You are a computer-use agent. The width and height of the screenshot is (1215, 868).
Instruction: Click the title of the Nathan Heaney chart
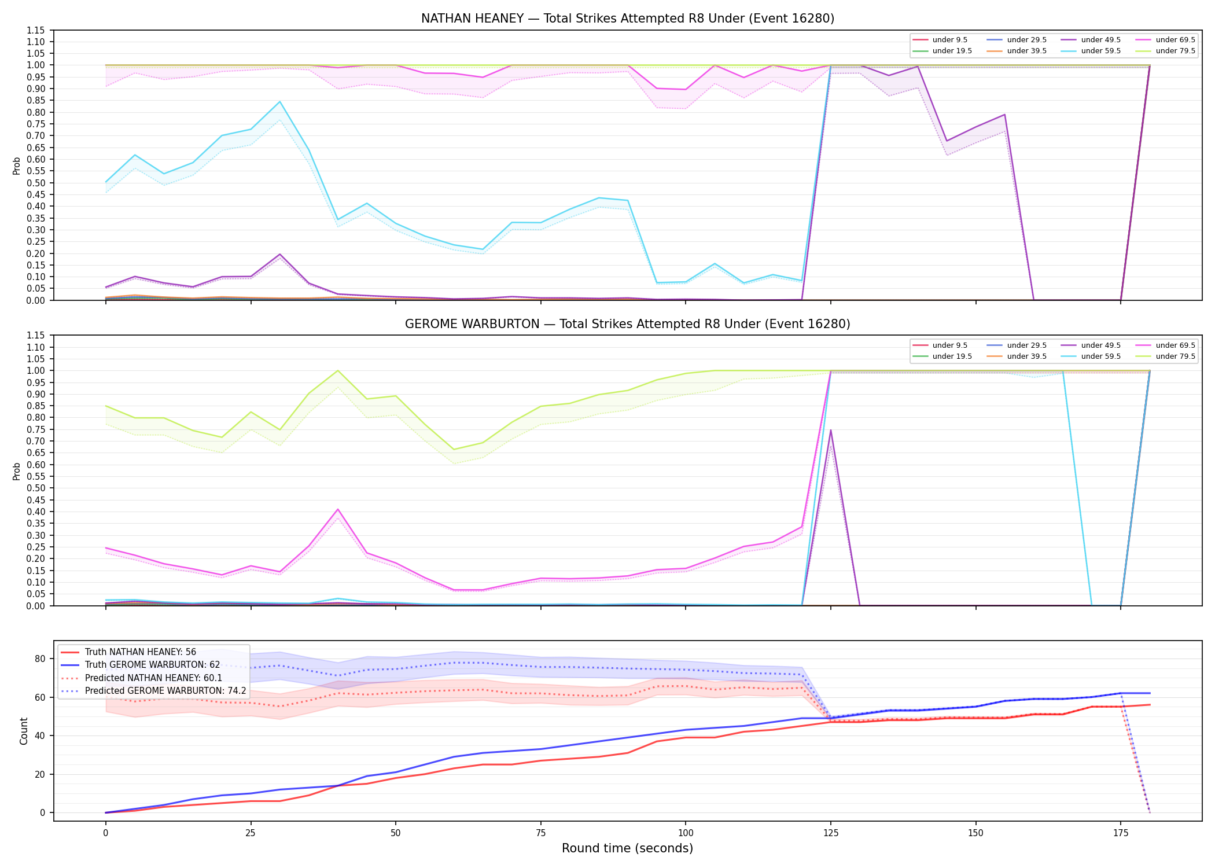tap(628, 19)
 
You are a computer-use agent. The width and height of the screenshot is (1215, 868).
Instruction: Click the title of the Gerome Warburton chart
tap(628, 324)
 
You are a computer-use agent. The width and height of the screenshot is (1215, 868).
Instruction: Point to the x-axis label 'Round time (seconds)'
tap(627, 848)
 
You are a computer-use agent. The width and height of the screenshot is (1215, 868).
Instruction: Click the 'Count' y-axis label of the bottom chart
tap(24, 731)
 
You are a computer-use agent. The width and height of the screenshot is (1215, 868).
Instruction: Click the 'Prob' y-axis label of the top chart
tap(17, 165)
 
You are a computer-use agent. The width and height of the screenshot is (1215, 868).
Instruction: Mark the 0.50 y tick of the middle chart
tap(37, 488)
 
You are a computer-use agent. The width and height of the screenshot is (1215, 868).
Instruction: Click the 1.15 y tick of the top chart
tap(37, 30)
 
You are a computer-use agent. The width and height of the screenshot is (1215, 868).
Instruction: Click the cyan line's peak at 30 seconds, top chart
tap(280, 102)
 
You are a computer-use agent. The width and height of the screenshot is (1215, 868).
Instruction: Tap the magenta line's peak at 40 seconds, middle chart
tap(338, 509)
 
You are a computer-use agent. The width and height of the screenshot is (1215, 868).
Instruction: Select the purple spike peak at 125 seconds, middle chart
tap(831, 430)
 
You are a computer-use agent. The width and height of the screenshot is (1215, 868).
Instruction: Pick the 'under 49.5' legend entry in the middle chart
tap(1100, 345)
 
